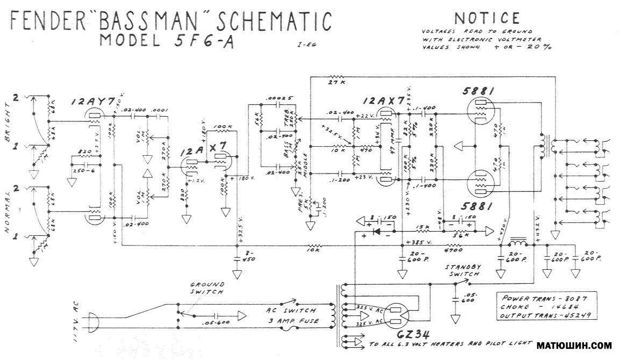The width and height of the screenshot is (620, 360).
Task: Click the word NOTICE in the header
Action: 487,18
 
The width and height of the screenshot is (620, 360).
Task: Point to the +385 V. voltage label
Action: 420,241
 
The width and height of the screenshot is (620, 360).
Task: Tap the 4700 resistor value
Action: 454,249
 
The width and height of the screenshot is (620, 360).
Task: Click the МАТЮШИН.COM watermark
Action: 575,345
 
